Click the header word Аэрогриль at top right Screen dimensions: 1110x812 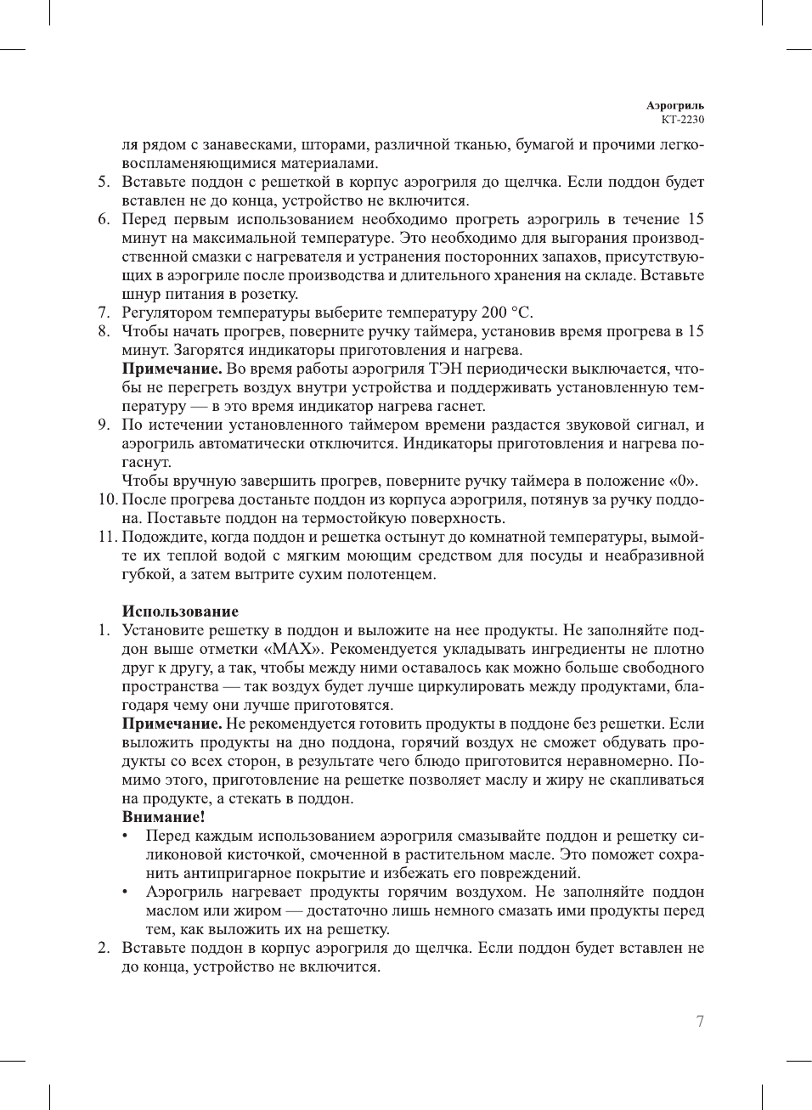click(674, 105)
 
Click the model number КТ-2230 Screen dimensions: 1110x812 click(682, 120)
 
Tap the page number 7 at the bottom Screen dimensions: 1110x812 click(699, 1022)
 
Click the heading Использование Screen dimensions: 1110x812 click(180, 611)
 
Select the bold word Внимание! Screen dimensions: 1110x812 click(163, 817)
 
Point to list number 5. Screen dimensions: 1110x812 click(103, 182)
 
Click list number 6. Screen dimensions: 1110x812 click(103, 219)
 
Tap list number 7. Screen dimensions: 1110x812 click(103, 313)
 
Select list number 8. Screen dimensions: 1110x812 click(103, 331)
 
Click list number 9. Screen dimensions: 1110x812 click(103, 425)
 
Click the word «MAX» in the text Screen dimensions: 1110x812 click(296, 649)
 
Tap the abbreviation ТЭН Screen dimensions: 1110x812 click(448, 369)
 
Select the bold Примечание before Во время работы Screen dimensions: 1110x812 click(172, 369)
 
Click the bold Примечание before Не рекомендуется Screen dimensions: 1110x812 click(172, 724)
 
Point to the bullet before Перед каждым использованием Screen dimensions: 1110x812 click(126, 836)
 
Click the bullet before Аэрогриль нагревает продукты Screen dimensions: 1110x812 click(126, 892)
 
